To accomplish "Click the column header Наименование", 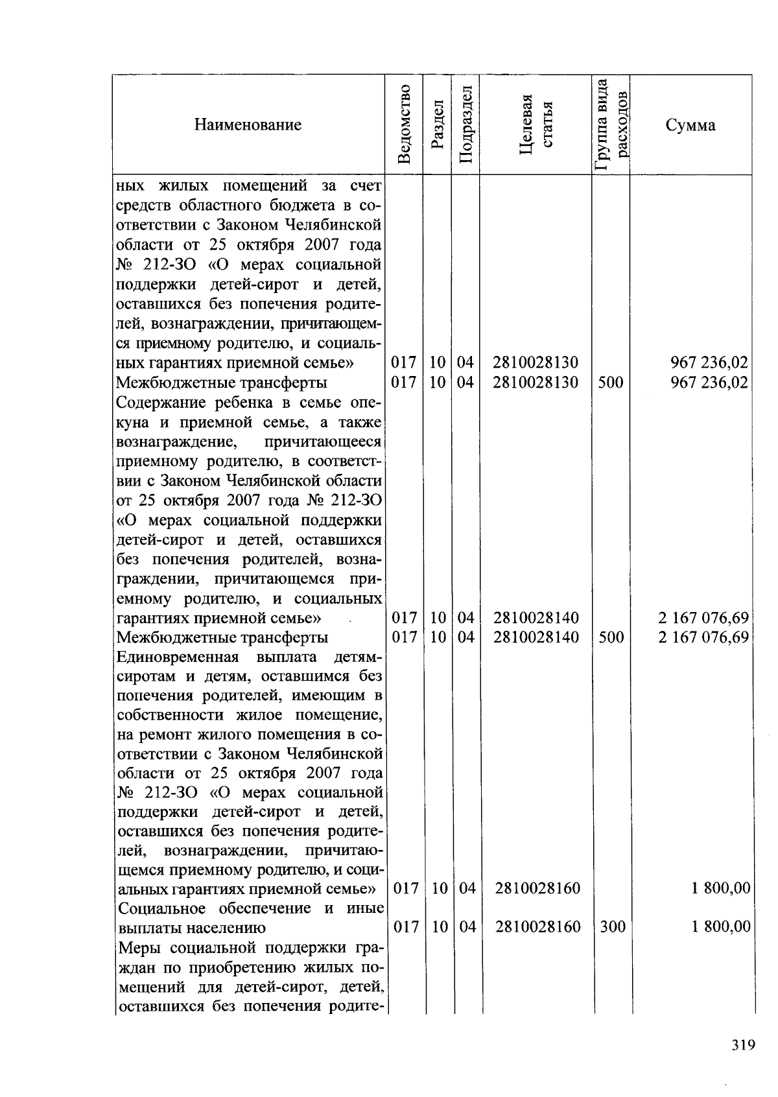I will [248, 124].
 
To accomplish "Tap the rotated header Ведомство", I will [404, 124].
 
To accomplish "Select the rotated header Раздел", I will [436, 124].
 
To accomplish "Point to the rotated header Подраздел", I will [466, 124].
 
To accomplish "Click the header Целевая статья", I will [536, 124].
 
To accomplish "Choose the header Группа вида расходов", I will [611, 124].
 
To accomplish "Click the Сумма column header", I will [690, 124].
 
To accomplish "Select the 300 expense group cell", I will [612, 927].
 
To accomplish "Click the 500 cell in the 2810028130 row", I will [611, 382].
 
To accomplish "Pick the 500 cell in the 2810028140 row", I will [611, 637].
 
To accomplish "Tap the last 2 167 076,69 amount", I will [703, 637].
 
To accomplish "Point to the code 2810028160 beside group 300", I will [537, 927].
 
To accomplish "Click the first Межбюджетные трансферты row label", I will [221, 382].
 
